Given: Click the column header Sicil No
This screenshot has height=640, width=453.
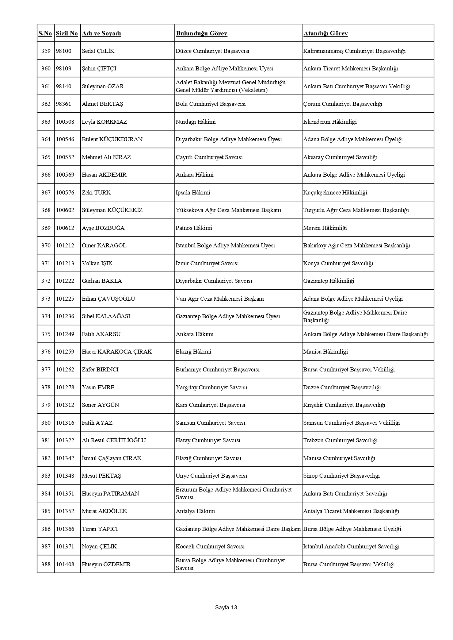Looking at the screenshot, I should tap(67, 34).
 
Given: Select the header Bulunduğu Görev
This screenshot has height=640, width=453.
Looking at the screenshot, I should tap(201, 34).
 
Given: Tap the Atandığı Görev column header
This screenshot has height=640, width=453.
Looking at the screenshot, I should tap(325, 34).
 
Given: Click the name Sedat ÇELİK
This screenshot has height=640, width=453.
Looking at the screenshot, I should tap(98, 51).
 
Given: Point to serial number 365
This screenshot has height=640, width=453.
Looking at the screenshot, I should tap(46, 157).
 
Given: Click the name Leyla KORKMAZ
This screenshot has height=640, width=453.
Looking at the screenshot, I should tap(104, 122).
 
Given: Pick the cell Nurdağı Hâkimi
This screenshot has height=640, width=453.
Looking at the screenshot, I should tap(195, 122).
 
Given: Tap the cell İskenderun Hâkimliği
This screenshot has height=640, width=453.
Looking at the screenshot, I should tap(330, 122).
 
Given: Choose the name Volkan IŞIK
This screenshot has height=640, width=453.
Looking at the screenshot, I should tap(97, 263).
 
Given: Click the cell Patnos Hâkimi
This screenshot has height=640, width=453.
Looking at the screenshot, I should tap(194, 228).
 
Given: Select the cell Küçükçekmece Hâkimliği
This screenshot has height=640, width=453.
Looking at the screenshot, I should tap(335, 193).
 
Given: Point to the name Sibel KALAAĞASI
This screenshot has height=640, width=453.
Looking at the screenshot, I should tap(106, 316).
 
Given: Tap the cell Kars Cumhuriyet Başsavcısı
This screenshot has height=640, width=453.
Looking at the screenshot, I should tap(210, 405).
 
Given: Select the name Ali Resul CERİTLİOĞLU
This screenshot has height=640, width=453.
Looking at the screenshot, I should tap(114, 440).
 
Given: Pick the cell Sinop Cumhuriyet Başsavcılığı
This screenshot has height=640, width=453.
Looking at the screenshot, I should tap(341, 476).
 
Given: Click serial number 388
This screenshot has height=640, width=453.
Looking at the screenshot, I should tap(46, 564).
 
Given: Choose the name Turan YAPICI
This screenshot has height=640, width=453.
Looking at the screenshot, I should tap(100, 529).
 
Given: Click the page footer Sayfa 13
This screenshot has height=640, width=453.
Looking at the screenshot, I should tap(226, 608).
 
